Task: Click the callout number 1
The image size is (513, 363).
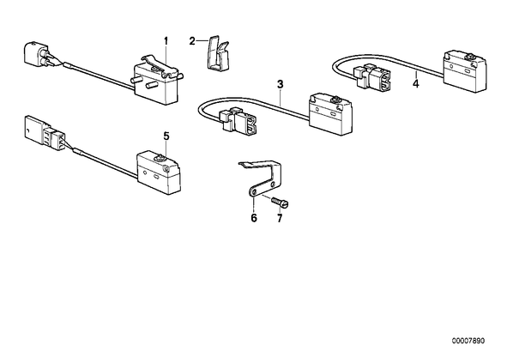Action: pyautogui.click(x=166, y=41)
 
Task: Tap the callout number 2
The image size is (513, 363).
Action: pyautogui.click(x=192, y=41)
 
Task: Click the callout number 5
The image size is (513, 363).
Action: pyautogui.click(x=167, y=136)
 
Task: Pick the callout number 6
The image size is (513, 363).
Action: pyautogui.click(x=254, y=218)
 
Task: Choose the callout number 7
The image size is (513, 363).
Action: pyautogui.click(x=280, y=218)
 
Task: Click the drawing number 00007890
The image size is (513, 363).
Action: pyautogui.click(x=468, y=341)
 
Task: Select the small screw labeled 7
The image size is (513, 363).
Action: pyautogui.click(x=280, y=202)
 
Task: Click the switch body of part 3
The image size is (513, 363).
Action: pyautogui.click(x=329, y=115)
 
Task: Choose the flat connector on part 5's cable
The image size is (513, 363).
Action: pyautogui.click(x=45, y=133)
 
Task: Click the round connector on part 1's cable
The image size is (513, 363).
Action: pyautogui.click(x=37, y=54)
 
